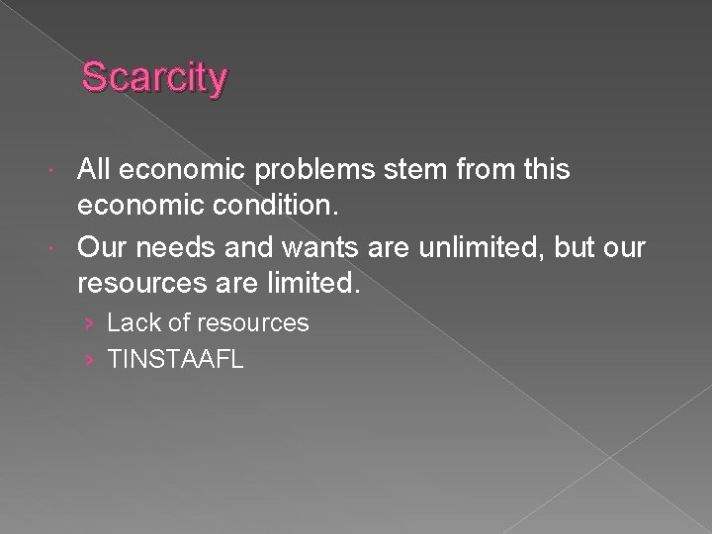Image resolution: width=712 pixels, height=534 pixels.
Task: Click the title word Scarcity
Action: pos(154,78)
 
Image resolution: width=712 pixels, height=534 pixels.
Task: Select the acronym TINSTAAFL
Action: pos(175,359)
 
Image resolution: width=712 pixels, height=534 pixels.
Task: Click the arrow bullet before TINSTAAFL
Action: pos(90,360)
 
